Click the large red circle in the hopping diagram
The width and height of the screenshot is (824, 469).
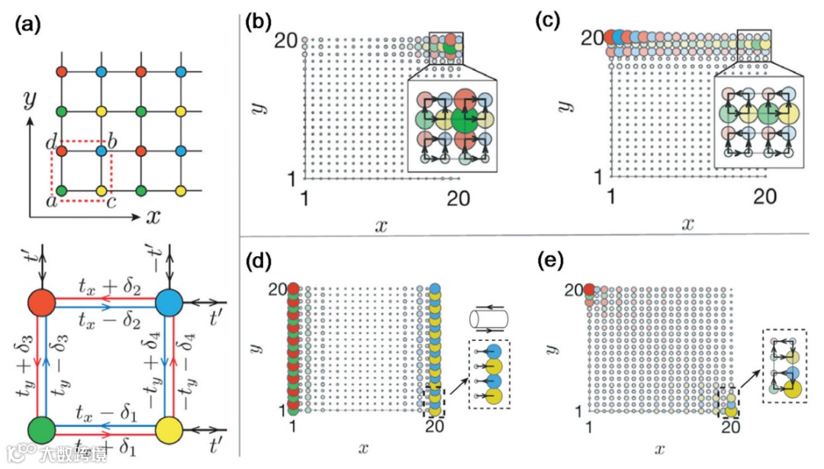coord(43,304)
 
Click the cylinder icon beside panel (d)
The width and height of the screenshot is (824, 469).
coord(484,314)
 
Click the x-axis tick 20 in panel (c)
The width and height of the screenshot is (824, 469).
coord(764,196)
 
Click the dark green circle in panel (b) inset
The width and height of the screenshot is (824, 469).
coord(462,119)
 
